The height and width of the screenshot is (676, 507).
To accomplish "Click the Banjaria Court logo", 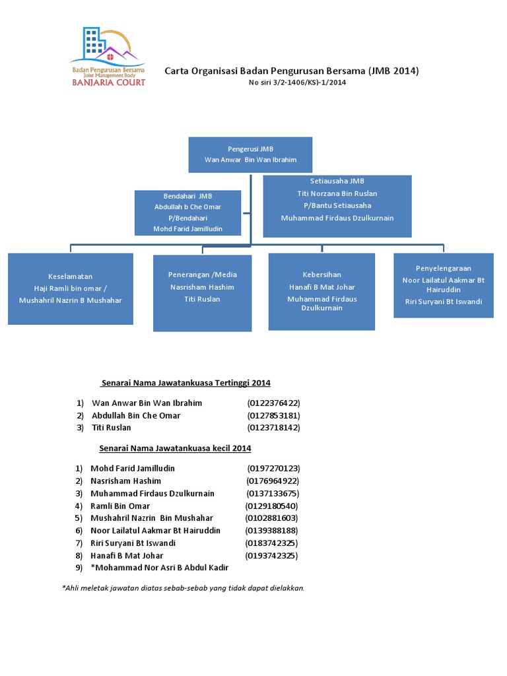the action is (x=108, y=57).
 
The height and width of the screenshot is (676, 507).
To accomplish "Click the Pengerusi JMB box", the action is (x=250, y=154).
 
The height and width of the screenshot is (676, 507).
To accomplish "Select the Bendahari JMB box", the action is (x=187, y=213).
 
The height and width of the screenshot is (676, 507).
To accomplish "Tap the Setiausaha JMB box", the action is (x=337, y=206).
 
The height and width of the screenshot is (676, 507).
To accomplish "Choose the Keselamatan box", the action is (x=70, y=289).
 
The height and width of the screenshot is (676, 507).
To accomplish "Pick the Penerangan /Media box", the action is (x=202, y=293).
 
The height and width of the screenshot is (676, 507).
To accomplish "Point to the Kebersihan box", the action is (x=321, y=292).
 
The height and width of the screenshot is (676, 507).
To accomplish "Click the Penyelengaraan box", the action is (x=444, y=285).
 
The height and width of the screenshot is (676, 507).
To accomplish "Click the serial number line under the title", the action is (x=297, y=83).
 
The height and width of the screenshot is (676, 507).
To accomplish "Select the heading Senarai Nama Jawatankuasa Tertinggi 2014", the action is (x=186, y=383).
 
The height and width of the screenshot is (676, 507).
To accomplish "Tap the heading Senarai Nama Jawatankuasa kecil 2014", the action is (x=175, y=448).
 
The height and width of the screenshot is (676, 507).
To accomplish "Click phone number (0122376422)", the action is (x=274, y=403).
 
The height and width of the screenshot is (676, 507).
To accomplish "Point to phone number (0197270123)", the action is (x=274, y=469).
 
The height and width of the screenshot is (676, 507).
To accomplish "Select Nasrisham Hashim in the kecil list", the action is (x=126, y=481).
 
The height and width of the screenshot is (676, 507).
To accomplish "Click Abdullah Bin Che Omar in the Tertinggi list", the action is (x=136, y=416).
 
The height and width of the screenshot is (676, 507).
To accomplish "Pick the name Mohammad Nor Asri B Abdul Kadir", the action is (x=160, y=568).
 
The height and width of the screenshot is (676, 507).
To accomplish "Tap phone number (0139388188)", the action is (x=271, y=531).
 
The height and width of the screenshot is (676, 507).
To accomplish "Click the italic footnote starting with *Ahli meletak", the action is (x=184, y=588).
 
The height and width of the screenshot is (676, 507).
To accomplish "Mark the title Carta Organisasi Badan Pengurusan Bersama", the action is (x=265, y=71).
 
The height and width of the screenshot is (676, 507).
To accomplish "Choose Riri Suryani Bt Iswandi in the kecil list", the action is (x=133, y=543).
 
